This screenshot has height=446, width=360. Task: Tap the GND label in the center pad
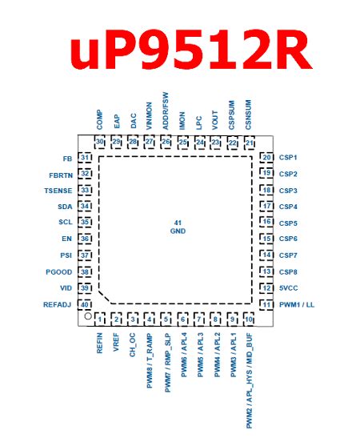point(178,231)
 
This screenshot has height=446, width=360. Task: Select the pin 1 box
point(101,320)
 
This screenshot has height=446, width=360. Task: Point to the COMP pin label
point(100,121)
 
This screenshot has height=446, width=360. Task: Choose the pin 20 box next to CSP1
point(267,158)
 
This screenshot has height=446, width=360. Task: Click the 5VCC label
point(290,287)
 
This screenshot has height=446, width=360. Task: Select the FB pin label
point(66,158)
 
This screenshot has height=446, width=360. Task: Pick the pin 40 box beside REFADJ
point(84,304)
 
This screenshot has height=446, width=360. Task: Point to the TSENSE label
point(58,191)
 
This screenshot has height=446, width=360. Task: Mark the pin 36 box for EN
point(84,239)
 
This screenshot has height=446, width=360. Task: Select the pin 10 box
point(249,320)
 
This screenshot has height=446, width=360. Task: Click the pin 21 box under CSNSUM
point(249,143)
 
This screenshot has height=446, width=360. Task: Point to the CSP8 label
point(289,271)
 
